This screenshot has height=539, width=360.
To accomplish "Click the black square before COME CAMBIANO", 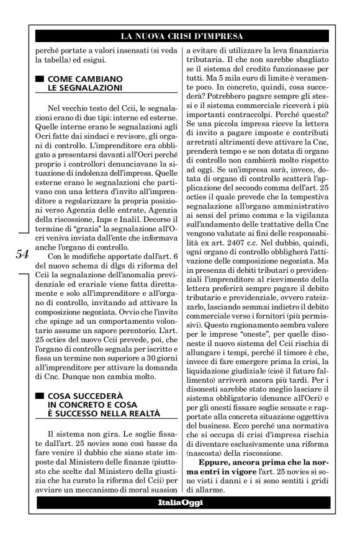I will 40,79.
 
